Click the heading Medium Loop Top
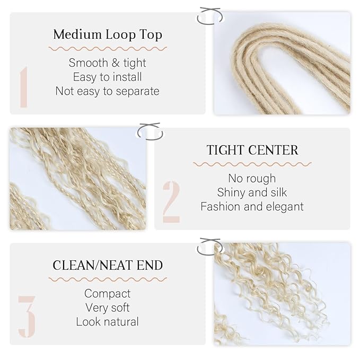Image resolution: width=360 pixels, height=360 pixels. [108, 35]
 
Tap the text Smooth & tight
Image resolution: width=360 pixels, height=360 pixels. [108, 63]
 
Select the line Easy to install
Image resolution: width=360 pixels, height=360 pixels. [108, 77]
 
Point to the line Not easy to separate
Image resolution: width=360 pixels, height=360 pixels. [108, 91]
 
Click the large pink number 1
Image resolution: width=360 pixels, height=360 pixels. [24, 87]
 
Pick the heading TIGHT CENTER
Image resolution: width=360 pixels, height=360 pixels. [252, 150]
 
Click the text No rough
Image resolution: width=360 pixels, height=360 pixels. [252, 178]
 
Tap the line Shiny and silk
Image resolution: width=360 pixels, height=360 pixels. [252, 192]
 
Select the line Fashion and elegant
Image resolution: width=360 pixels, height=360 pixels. [252, 206]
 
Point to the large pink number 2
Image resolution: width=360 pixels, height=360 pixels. [171, 201]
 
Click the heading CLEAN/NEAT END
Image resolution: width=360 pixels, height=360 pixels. [108, 265]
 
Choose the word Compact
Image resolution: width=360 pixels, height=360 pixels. [108, 293]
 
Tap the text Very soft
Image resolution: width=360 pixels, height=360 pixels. [108, 308]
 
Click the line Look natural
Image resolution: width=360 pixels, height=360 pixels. [108, 321]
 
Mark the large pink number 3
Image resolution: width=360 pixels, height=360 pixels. [27, 317]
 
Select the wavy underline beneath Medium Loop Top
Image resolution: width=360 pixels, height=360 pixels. [108, 48]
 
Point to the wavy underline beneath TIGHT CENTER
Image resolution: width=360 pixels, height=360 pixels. [252, 164]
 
